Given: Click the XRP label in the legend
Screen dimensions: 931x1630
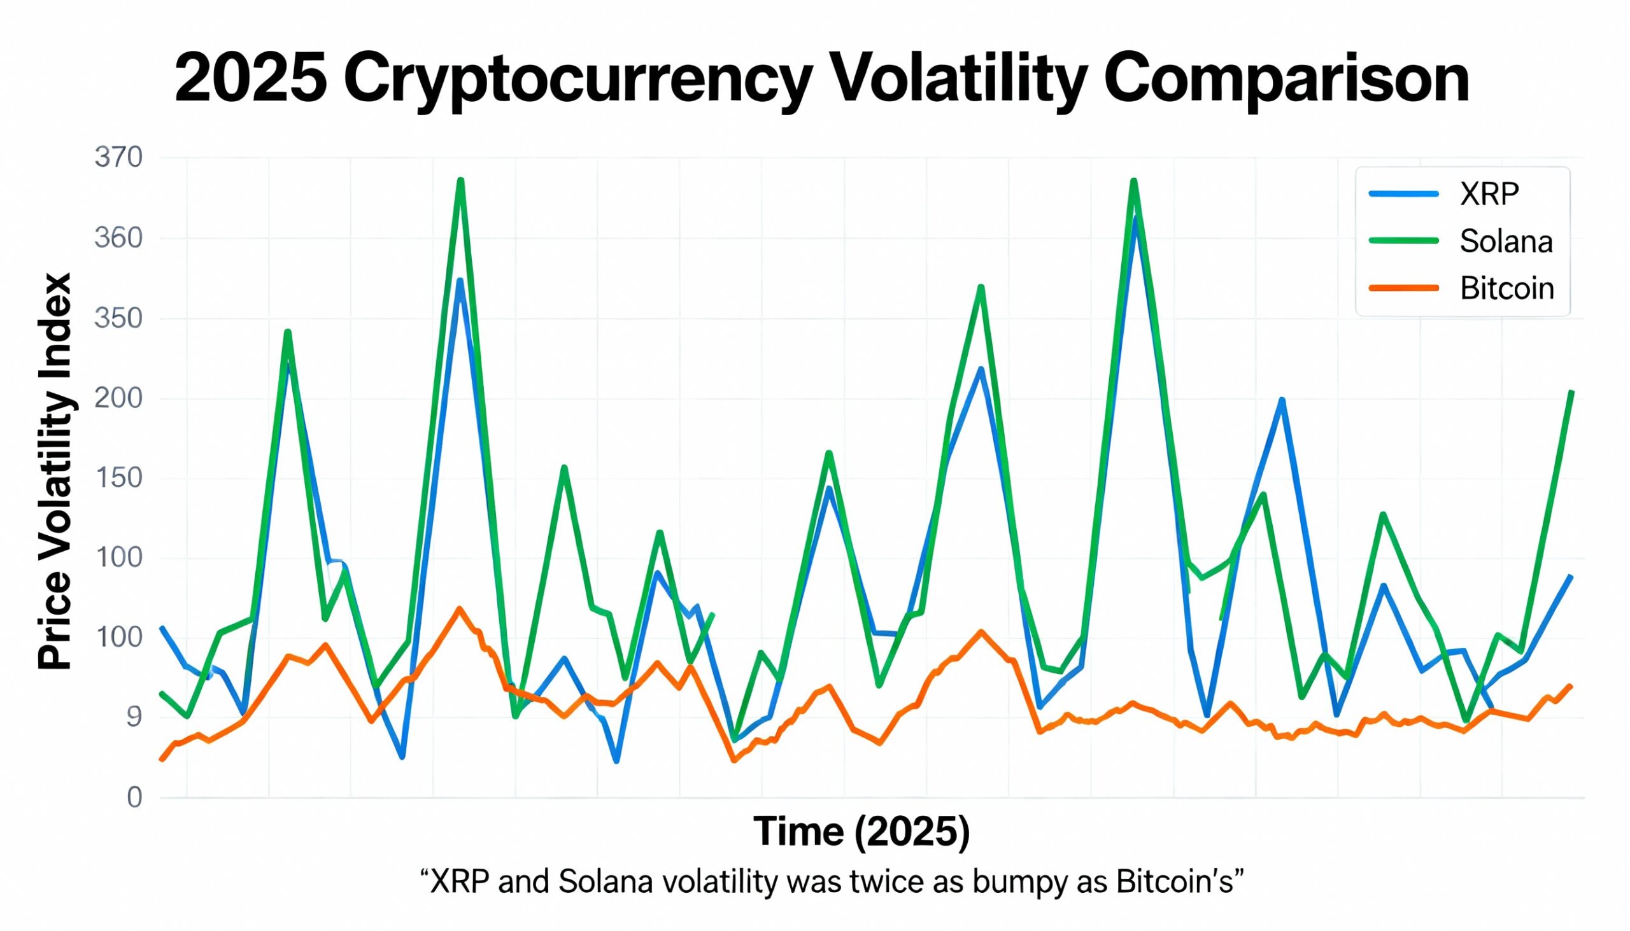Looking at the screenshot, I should point(1489,193).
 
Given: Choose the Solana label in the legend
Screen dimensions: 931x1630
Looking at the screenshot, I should point(1506,242).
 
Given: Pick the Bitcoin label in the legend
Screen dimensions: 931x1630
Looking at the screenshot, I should point(1506,289).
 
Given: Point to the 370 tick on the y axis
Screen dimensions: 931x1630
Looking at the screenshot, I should point(118,157).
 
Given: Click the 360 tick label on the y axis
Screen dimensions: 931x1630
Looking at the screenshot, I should point(118,239).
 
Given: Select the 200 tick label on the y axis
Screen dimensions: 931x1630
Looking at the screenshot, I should point(118,399).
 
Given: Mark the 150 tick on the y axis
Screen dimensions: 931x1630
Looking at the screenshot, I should point(118,479).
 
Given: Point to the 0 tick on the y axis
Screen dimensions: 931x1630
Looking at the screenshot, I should point(134,797).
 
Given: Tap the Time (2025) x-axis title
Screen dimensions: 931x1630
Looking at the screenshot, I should point(861,831).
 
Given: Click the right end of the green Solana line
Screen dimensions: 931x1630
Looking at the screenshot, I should point(1572,391).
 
